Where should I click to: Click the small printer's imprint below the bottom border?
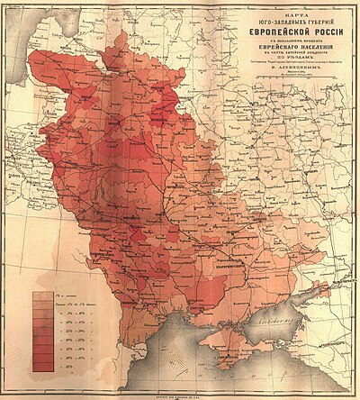(x=180, y=389)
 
